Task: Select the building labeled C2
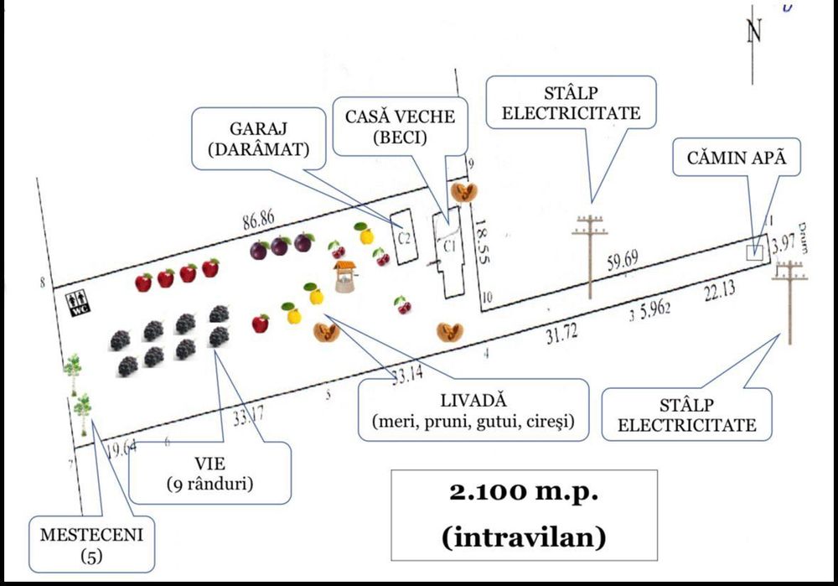click(404, 237)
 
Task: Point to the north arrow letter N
click(755, 33)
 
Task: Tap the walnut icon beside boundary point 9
click(463, 193)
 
